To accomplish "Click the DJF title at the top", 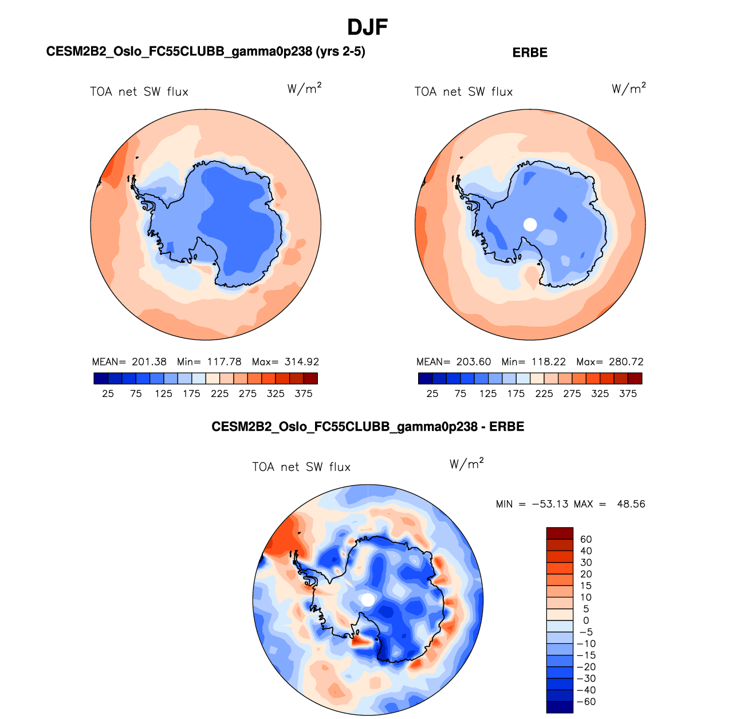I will [x=368, y=27].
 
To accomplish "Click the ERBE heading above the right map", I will [x=530, y=53].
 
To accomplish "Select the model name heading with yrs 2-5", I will [x=206, y=52].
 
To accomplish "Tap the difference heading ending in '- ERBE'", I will [x=368, y=427].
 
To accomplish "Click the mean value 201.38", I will [x=149, y=362].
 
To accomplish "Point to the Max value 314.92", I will [x=301, y=362].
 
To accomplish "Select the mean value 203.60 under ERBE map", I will [x=474, y=362].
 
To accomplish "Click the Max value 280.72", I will [x=626, y=362].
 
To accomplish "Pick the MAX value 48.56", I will [x=631, y=504].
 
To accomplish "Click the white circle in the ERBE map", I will [x=530, y=225].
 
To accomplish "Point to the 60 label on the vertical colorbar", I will [x=586, y=539].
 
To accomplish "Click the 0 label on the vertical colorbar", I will [x=586, y=620].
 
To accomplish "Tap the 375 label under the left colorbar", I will [x=304, y=394].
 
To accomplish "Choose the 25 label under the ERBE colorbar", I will [x=432, y=394].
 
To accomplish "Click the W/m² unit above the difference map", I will [x=466, y=464].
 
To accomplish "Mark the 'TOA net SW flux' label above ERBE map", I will [x=463, y=92].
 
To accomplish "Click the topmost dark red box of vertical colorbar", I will [x=560, y=533].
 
